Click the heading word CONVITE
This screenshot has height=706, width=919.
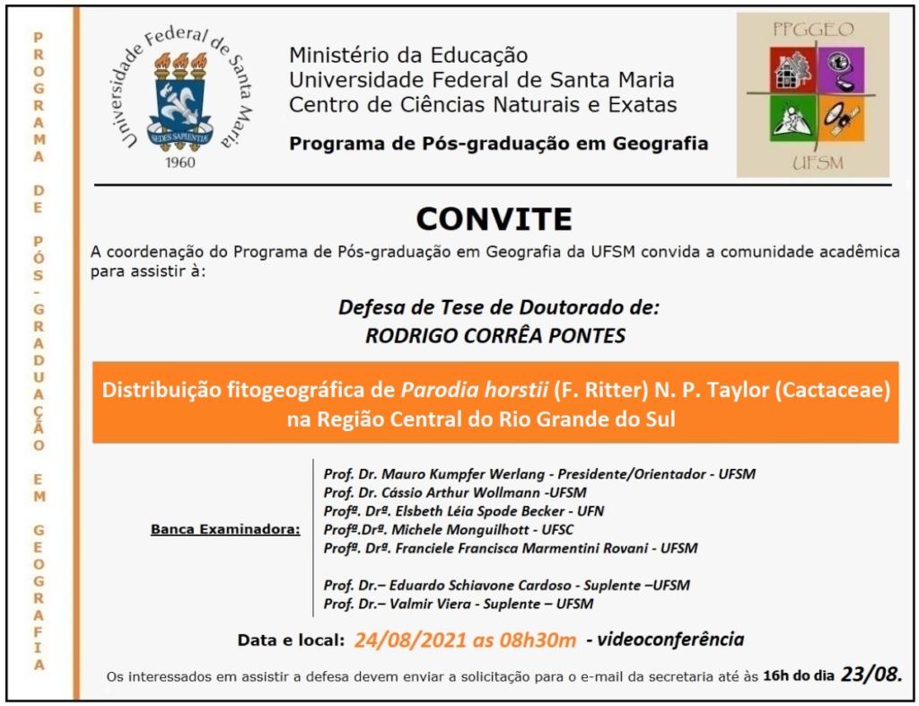tap(494, 218)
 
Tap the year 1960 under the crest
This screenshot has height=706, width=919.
tap(186, 163)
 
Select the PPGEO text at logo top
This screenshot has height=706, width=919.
tap(813, 29)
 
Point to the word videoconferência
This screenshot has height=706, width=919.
tap(671, 640)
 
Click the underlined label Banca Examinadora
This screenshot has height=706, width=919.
tap(225, 529)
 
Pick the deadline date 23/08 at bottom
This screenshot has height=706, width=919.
tap(871, 674)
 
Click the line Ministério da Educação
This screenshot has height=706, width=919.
tap(408, 56)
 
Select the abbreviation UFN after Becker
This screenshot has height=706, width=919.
tap(591, 510)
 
